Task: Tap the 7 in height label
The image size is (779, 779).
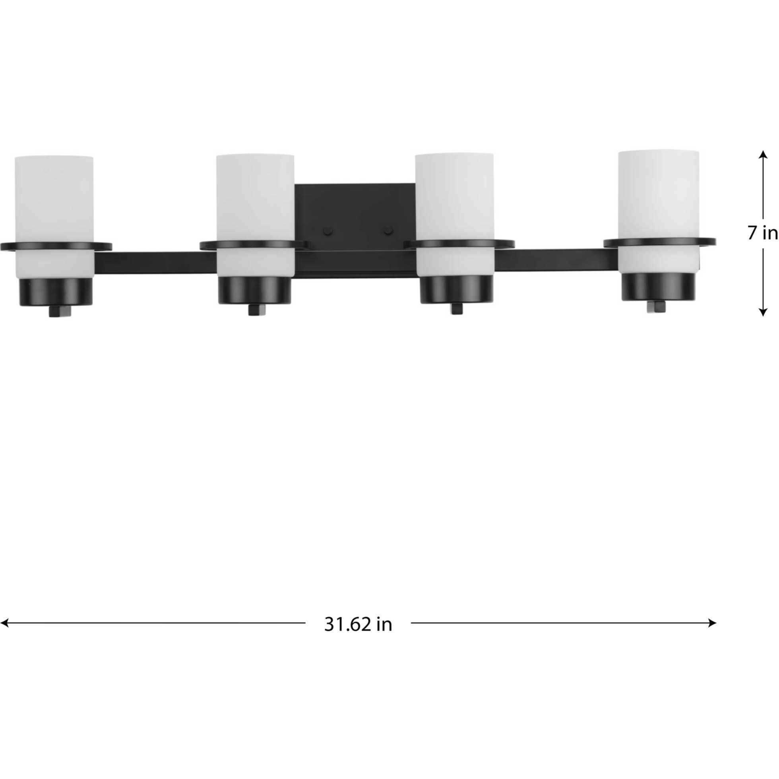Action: coord(762,233)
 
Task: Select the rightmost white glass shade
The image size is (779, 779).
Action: coord(659,194)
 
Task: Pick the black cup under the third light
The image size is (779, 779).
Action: coord(456,289)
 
